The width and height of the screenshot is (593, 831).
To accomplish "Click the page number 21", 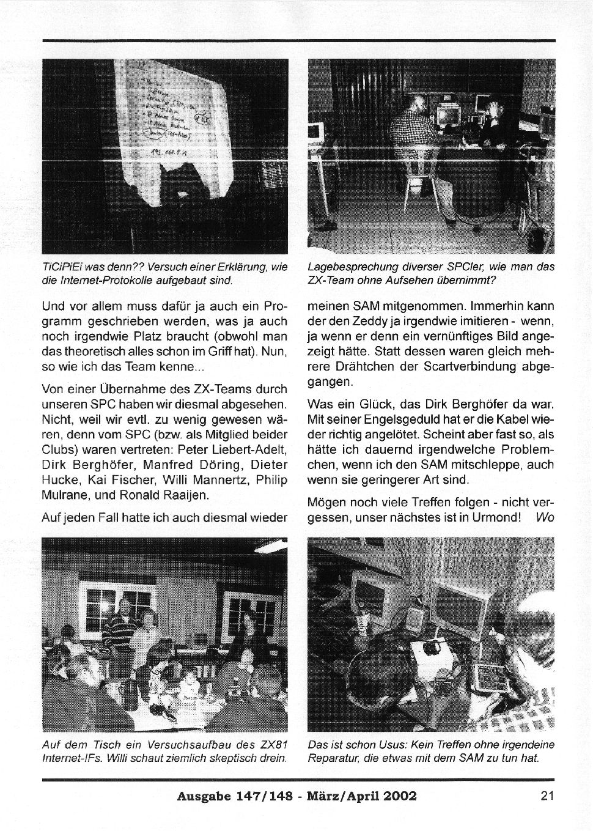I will click(547, 796).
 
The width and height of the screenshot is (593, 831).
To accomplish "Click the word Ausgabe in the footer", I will click(201, 796).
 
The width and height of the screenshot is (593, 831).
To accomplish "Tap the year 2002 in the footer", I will click(399, 796).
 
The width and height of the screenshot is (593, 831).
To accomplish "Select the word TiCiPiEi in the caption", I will click(62, 267).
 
